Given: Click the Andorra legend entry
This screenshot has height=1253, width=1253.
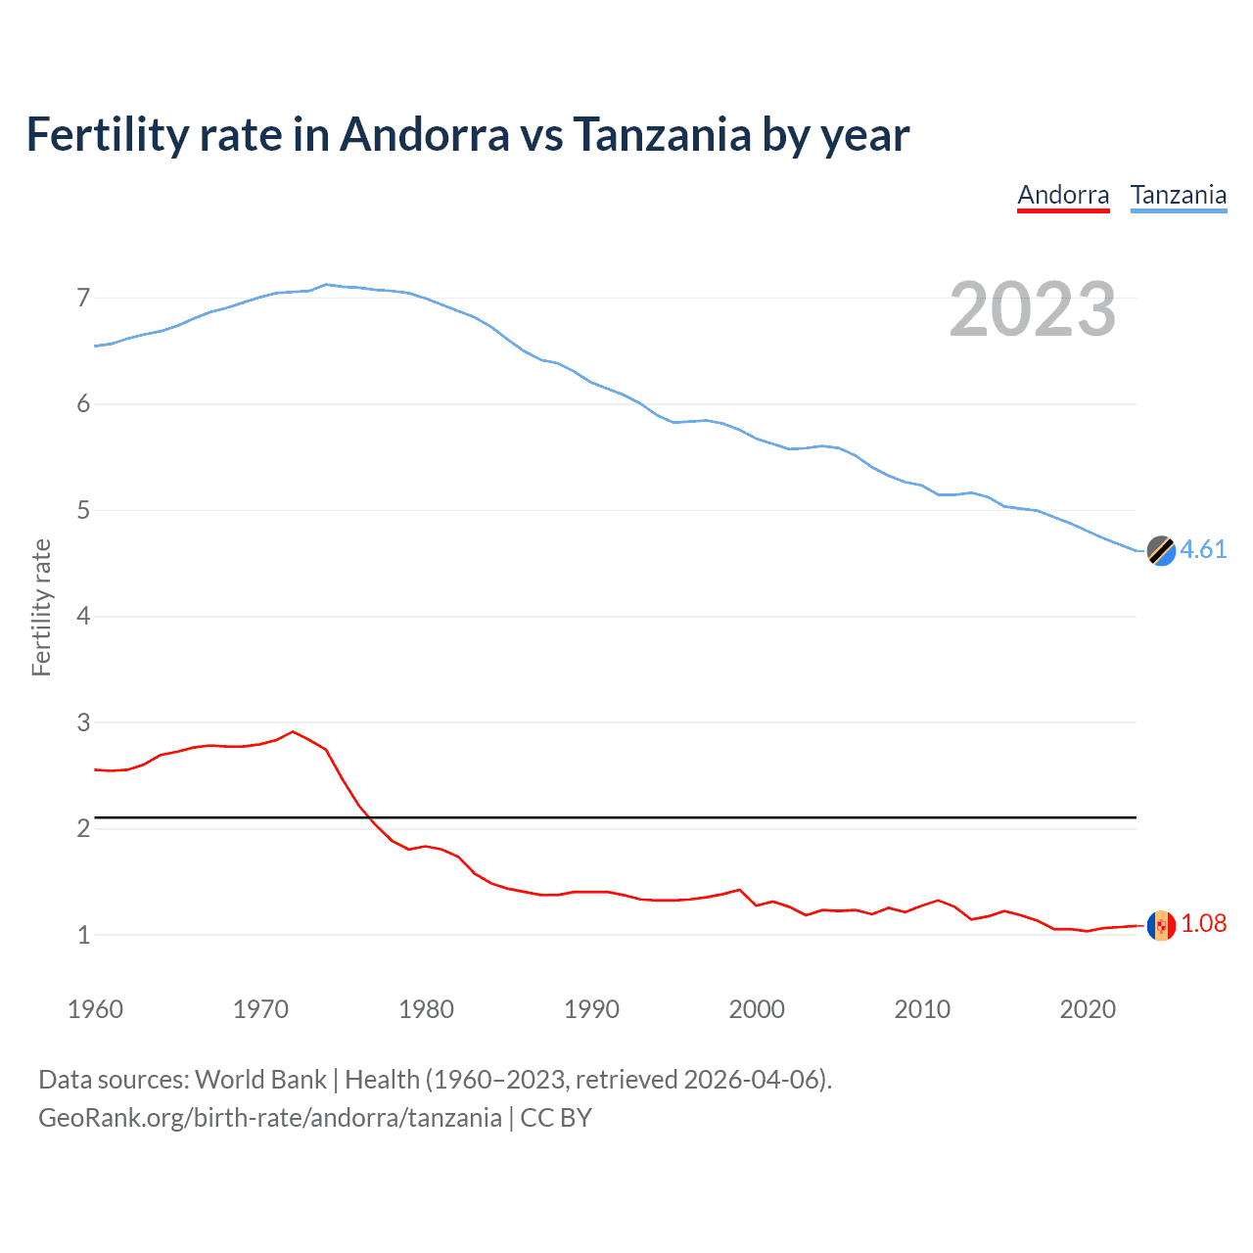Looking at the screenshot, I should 1063,195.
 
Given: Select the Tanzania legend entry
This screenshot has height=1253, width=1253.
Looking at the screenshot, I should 1179,195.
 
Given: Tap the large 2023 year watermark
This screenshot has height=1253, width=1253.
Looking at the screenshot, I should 1032,309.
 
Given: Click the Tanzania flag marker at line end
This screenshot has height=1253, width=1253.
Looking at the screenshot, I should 1161,551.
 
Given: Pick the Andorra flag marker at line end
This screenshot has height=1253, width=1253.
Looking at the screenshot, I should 1161,925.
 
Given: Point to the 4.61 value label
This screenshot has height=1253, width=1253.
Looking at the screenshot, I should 1203,549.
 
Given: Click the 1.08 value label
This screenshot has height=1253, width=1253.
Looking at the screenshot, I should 1203,923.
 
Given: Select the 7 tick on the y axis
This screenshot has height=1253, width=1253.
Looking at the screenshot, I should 83,298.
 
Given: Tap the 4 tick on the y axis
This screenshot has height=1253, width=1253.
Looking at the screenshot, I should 83,617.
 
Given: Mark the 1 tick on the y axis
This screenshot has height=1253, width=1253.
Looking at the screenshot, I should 83,935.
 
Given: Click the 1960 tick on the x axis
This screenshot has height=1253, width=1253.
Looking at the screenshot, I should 95,1009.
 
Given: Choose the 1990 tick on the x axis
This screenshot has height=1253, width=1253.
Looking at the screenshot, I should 591,1009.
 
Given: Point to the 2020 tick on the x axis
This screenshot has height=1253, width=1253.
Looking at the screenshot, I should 1088,1009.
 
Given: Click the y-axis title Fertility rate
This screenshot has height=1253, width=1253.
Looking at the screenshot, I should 41,607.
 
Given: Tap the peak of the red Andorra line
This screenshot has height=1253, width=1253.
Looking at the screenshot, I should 293,731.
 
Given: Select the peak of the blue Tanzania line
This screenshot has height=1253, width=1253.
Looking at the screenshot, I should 326,285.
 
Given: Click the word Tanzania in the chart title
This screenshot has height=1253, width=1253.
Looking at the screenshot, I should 662,134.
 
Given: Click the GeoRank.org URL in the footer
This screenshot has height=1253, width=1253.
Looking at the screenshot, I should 269,1118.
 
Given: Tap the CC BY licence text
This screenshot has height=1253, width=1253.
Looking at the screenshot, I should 556,1118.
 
